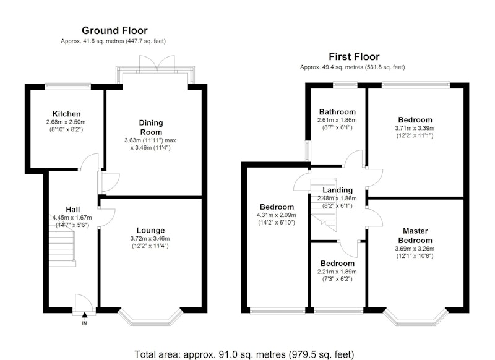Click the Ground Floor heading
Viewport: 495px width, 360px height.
[114, 30]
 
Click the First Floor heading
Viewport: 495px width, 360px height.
[354, 57]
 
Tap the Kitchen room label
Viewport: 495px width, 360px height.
[66, 114]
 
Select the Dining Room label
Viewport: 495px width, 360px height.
[151, 127]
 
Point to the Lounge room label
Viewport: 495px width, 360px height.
[150, 231]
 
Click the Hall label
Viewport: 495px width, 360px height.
[72, 210]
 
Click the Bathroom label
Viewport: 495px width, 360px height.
[337, 112]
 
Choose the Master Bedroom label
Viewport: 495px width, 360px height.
[415, 236]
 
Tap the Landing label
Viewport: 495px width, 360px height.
[337, 191]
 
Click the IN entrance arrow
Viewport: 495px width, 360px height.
[84, 315]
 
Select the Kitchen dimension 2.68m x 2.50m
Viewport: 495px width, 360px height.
[66, 122]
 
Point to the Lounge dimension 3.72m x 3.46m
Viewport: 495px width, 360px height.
[150, 239]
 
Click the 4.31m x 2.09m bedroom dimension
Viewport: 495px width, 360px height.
[277, 215]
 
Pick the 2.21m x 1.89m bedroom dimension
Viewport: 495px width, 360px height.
[337, 272]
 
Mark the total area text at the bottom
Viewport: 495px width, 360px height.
[244, 354]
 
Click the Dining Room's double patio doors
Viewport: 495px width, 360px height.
[157, 64]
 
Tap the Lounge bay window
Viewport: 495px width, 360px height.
[150, 317]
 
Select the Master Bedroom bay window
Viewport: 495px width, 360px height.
[415, 317]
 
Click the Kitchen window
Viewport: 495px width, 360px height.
[67, 85]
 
